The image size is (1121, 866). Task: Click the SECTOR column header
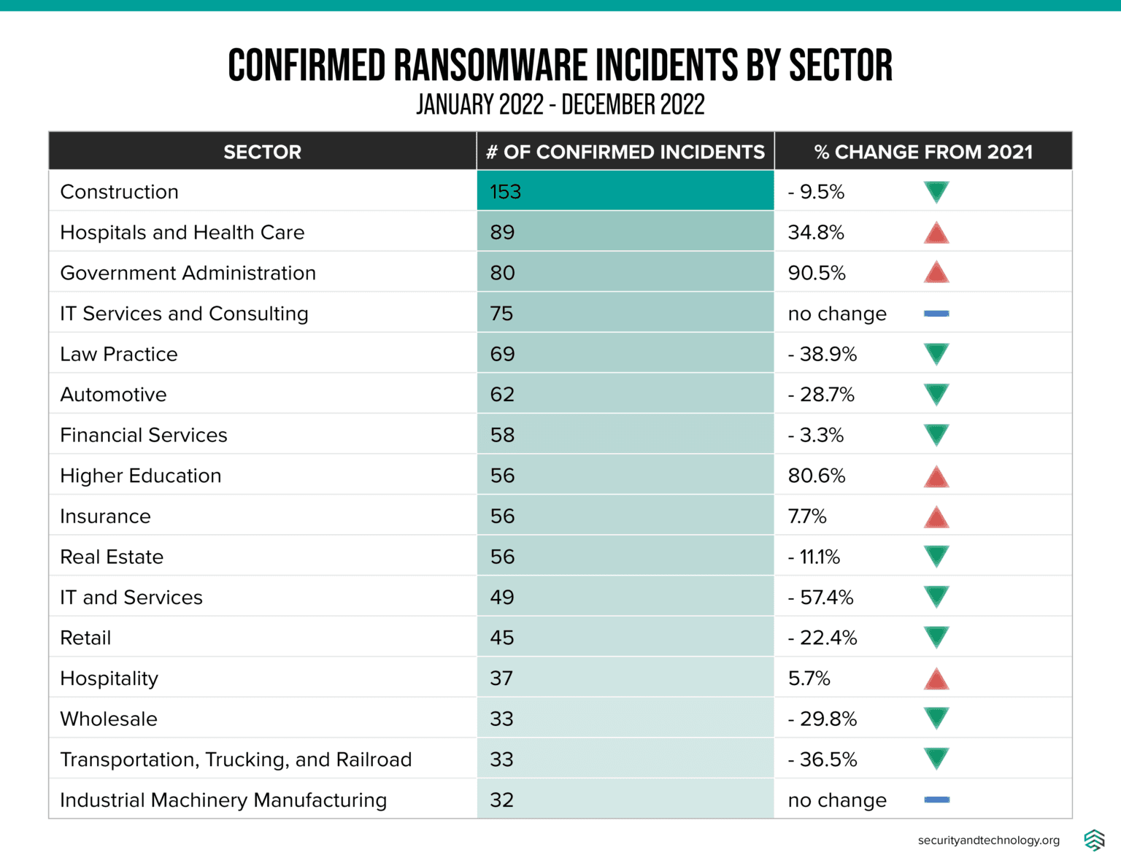[x=262, y=152]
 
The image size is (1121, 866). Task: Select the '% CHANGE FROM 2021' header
[x=923, y=152]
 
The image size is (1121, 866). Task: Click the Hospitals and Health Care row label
[x=182, y=233]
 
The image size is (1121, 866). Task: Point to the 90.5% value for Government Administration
[x=817, y=273]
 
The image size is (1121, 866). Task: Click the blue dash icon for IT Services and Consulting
[x=936, y=314]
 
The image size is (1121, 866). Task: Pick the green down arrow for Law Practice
[x=936, y=355]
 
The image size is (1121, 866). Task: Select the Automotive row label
[x=113, y=395]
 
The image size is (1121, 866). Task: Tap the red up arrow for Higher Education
[x=936, y=477]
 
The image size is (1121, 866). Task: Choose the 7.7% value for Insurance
[x=807, y=517]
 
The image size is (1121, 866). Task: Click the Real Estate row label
[x=112, y=557]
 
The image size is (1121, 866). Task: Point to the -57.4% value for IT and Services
[x=821, y=598]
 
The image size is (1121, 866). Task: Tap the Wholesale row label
[x=109, y=719]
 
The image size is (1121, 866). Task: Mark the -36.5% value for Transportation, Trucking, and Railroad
[x=823, y=759]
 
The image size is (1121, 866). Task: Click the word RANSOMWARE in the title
[x=493, y=66]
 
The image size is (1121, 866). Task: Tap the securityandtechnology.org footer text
[x=989, y=840]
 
